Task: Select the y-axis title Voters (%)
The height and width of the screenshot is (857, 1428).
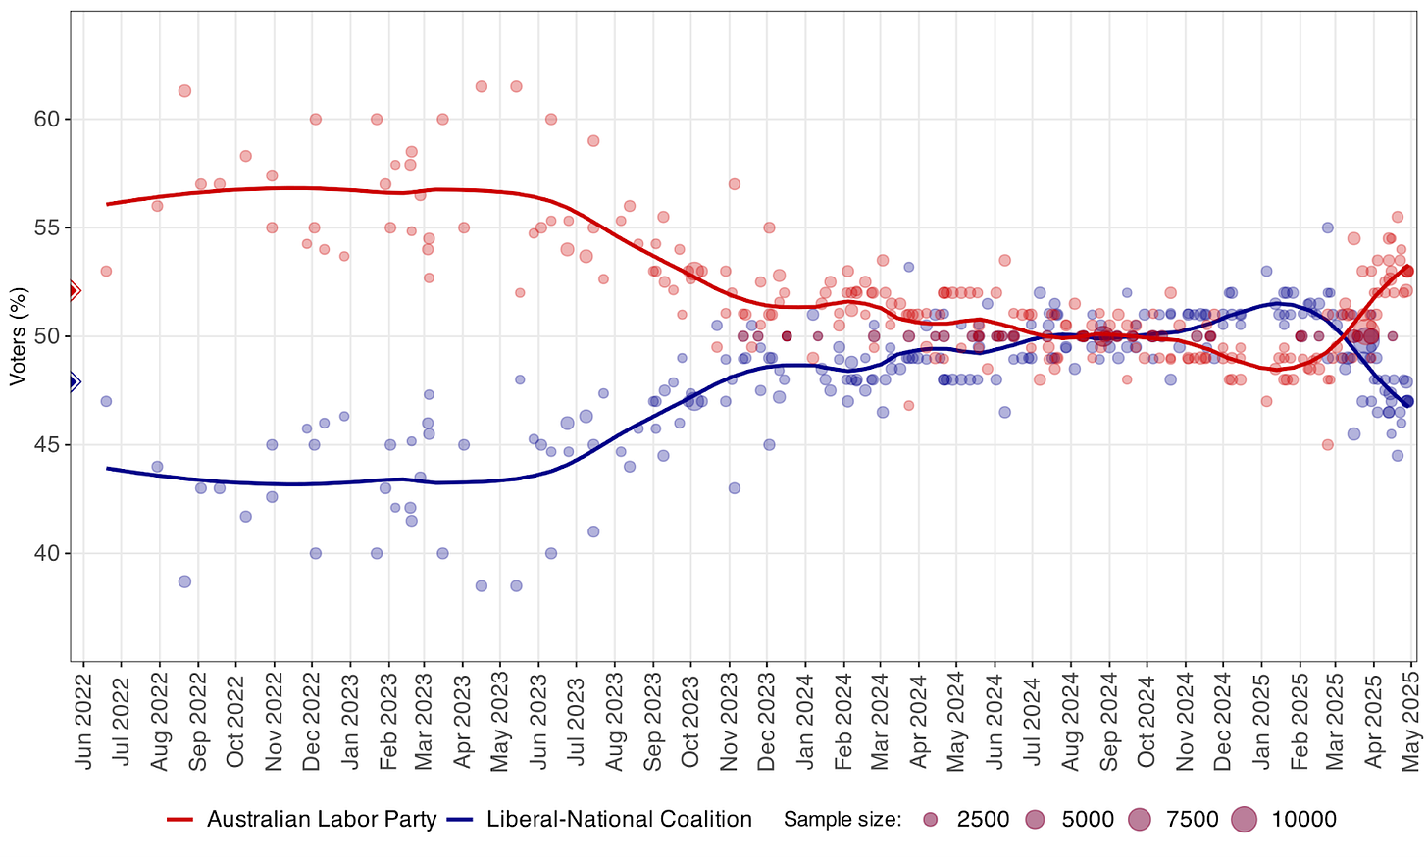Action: click(17, 336)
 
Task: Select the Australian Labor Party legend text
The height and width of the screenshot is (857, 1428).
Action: click(322, 820)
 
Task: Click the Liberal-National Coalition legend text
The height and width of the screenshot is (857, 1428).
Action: click(619, 820)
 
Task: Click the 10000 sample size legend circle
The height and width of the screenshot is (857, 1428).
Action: click(1245, 820)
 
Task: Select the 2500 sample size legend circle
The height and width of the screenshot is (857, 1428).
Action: click(931, 820)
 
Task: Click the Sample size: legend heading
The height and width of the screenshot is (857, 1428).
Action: click(841, 820)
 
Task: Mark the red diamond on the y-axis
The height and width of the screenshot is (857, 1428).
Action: click(74, 290)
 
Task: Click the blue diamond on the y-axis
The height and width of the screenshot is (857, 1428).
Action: click(74, 382)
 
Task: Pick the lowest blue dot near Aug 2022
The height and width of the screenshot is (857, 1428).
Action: click(184, 581)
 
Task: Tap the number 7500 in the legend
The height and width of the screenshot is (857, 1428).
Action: click(1192, 820)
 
